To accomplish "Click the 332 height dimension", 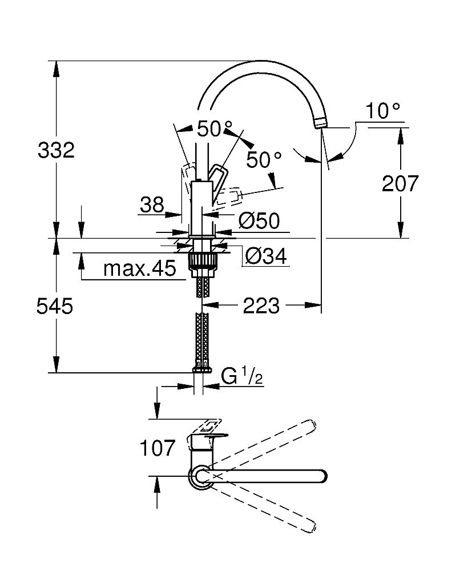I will (x=56, y=151).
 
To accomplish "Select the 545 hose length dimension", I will (x=54, y=307).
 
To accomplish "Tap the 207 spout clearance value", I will (x=400, y=183).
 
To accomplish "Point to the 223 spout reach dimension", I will (x=261, y=307).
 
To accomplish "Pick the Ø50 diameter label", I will (x=260, y=221).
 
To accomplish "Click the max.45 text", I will (x=139, y=269).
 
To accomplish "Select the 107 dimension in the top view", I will (x=158, y=448).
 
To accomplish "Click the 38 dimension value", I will (x=152, y=204).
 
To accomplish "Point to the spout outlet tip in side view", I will (x=320, y=123).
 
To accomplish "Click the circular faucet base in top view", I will (x=200, y=476).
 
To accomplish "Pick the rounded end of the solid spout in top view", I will (x=321, y=476).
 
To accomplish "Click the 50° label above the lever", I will (x=215, y=129).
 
